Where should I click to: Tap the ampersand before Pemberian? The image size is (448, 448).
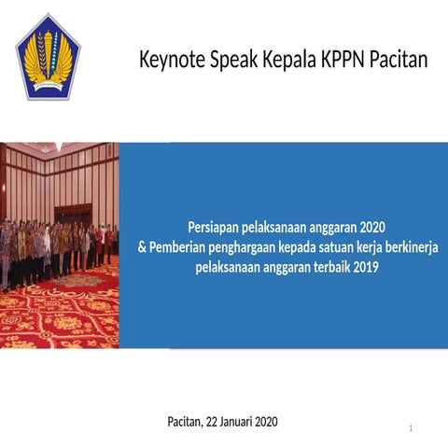[x=142, y=247]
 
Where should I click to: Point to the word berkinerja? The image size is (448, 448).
[x=406, y=247]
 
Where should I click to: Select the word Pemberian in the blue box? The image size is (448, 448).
[x=176, y=247]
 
